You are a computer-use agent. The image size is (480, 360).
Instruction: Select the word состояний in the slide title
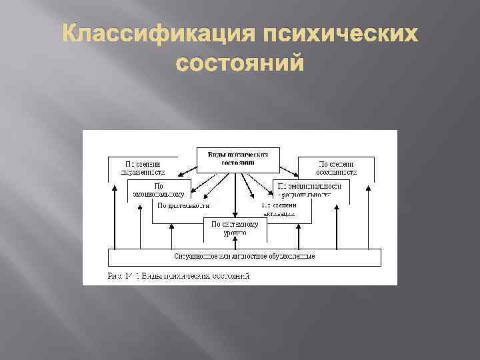coord(239,65)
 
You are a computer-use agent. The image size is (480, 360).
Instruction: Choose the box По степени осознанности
coord(327,167)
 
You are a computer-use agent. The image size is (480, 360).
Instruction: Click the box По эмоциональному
coord(159,189)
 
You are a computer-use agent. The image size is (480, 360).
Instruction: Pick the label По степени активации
coord(278,209)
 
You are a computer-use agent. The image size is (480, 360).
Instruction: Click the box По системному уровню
coord(234,229)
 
